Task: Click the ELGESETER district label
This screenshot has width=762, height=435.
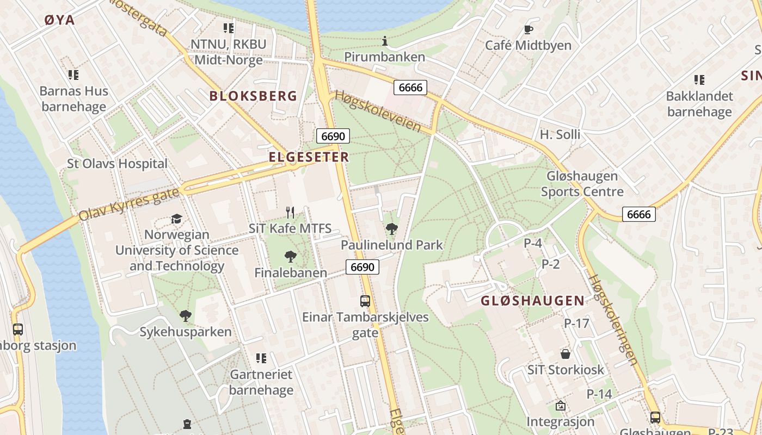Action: (309, 157)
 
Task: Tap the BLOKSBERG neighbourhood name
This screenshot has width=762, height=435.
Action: (253, 96)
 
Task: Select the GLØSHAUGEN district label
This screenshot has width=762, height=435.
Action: (532, 301)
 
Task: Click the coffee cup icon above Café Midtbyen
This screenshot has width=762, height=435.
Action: (528, 29)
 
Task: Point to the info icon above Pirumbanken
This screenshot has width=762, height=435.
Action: (385, 41)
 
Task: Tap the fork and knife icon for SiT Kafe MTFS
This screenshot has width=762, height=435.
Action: (290, 213)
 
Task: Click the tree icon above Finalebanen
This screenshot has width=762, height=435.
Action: (291, 256)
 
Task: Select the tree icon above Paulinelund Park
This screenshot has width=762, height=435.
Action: (391, 229)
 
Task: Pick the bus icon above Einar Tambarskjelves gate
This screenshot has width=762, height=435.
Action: (365, 301)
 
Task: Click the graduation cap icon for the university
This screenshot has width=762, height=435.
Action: (176, 219)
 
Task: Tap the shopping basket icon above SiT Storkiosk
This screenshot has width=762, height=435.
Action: (566, 354)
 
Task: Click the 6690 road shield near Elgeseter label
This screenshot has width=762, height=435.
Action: (333, 136)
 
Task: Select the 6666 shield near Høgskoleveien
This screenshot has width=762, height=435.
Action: (410, 88)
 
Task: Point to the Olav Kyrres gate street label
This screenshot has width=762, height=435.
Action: (129, 204)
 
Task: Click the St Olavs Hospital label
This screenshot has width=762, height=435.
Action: (117, 164)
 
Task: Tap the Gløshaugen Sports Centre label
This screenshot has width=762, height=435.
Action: (582, 184)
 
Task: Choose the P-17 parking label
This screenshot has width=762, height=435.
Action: (576, 324)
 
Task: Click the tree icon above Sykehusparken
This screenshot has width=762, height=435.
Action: (186, 315)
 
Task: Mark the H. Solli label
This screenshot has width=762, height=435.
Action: (560, 134)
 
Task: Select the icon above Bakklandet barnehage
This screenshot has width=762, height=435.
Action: (699, 80)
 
